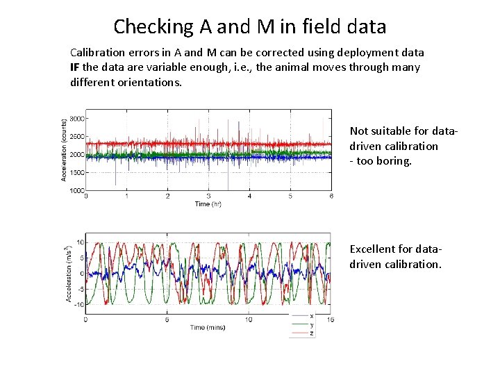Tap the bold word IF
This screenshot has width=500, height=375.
[76, 67]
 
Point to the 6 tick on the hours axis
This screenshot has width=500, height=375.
[331, 197]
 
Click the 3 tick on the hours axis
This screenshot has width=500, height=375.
[209, 197]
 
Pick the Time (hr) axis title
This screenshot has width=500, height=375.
[208, 204]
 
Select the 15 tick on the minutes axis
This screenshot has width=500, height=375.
[331, 320]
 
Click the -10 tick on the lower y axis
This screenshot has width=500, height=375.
[80, 305]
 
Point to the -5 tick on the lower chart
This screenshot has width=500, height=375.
[81, 290]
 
